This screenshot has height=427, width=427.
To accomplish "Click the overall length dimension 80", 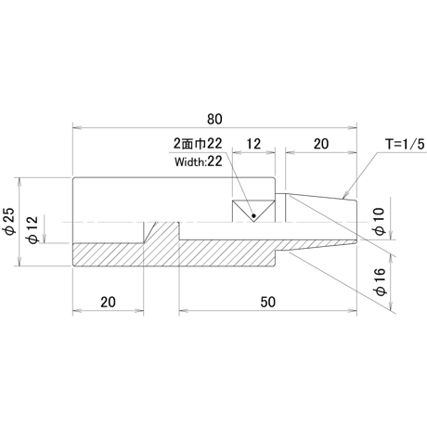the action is pos(214,119).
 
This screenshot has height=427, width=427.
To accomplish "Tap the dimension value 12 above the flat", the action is pos(253,144).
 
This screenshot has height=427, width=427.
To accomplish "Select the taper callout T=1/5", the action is pos(405,144).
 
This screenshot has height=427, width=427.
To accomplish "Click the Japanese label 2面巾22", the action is pos(198,144).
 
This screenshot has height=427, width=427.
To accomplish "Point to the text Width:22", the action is pos(199,162).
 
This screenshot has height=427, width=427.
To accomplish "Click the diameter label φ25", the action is pos(10,221).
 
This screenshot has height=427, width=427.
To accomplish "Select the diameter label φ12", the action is pos(33,229).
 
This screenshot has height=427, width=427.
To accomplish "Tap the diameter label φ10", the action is pos(380,221).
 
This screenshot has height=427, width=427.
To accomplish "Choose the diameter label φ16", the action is pos(380,282).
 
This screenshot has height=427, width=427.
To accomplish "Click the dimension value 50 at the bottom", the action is pos(267,302).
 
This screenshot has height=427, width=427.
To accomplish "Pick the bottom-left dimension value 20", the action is pos(108,302).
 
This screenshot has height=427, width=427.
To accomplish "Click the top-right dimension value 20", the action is pos(321,144).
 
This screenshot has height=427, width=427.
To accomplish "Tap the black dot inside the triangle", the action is pos(253,215).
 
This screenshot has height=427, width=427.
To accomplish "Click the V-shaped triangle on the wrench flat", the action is pos(253,211).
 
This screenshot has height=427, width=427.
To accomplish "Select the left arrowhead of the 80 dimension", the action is pos(77,127).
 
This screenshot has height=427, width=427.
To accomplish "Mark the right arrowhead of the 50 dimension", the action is pos(353,310).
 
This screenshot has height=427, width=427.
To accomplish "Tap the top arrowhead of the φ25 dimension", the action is pos(19,182).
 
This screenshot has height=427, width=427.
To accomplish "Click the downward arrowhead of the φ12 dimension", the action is pos(45,239).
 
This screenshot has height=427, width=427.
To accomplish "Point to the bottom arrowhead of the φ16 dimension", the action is pos(392,306).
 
